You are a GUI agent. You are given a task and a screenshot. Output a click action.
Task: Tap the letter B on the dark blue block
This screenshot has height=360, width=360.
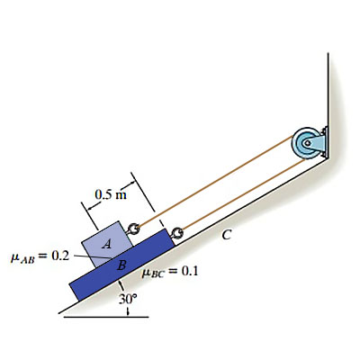(121, 265)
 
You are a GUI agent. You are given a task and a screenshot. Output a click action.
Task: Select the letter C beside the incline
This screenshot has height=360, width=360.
(227, 235)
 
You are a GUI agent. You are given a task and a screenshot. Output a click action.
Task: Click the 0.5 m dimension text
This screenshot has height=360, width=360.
(111, 195)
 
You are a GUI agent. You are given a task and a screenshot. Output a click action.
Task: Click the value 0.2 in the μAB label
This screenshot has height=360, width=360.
(60, 256)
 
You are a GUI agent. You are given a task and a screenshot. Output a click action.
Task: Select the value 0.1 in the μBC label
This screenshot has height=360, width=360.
(190, 271)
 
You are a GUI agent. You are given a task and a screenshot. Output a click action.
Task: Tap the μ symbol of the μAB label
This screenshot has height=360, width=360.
(14, 257)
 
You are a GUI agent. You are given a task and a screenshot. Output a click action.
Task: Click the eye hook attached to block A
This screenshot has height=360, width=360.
(132, 229)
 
